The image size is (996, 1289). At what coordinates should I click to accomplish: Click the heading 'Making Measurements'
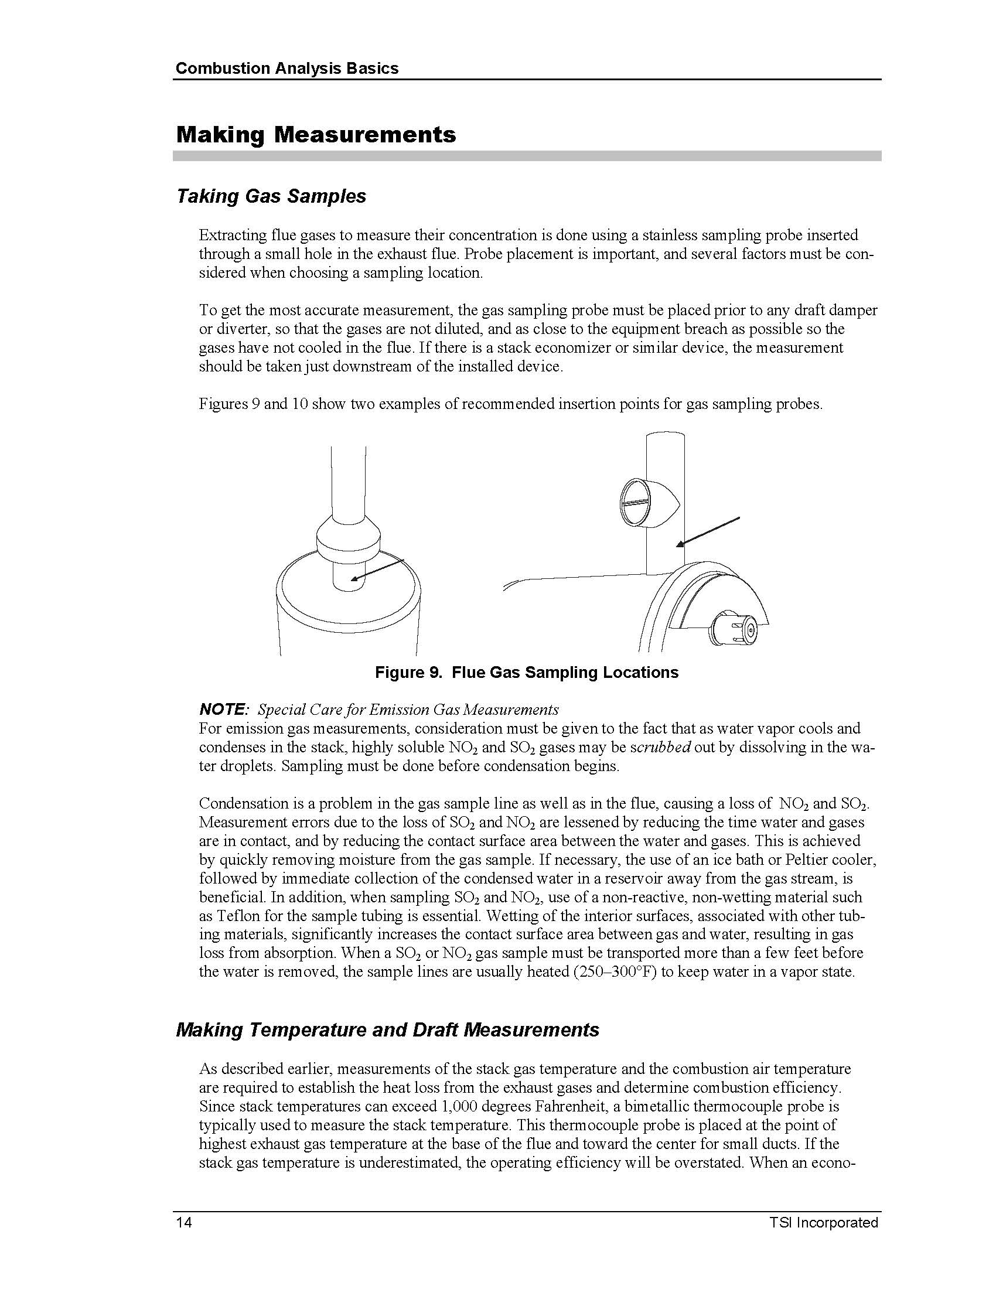coord(316,135)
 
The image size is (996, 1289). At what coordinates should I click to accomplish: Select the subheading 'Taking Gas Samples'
coord(271,196)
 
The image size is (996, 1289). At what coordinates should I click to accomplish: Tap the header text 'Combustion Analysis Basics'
coord(286,69)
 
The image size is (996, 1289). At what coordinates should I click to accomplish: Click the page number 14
coord(183,1222)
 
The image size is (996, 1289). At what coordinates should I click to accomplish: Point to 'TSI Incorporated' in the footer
coord(823,1222)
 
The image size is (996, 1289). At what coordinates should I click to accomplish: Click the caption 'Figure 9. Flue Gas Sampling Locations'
coord(526,672)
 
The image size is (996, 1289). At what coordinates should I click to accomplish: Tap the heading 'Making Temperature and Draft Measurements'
coord(387,1030)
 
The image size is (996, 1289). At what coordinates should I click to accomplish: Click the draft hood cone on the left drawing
coord(348,534)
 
